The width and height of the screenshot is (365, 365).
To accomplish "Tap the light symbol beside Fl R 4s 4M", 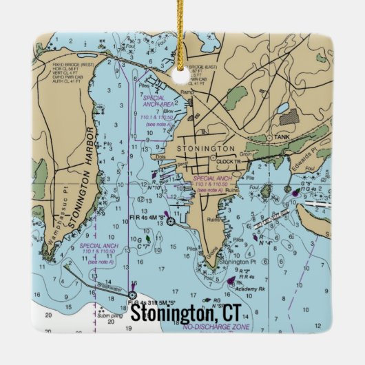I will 171,221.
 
